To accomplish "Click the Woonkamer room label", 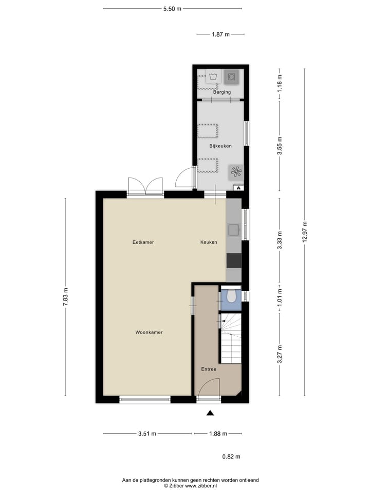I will pos(149,332).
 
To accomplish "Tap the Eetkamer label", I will pos(143,242).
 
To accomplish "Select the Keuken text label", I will pos(209,242).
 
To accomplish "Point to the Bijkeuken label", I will pos(220,146).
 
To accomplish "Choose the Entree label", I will pos(209,369).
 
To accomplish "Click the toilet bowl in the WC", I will pos(232,296).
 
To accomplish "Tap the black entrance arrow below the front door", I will pos(210,413).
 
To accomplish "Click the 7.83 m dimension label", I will pos(65,297).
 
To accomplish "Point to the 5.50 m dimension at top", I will pos(172,9).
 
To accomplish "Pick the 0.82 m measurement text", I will pos(231,456).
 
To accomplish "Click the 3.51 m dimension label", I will pos(147,434).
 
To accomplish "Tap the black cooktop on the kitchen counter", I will pos(234,261).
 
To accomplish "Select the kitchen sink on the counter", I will pos(234,230).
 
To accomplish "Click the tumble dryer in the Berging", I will pos(232,77).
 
